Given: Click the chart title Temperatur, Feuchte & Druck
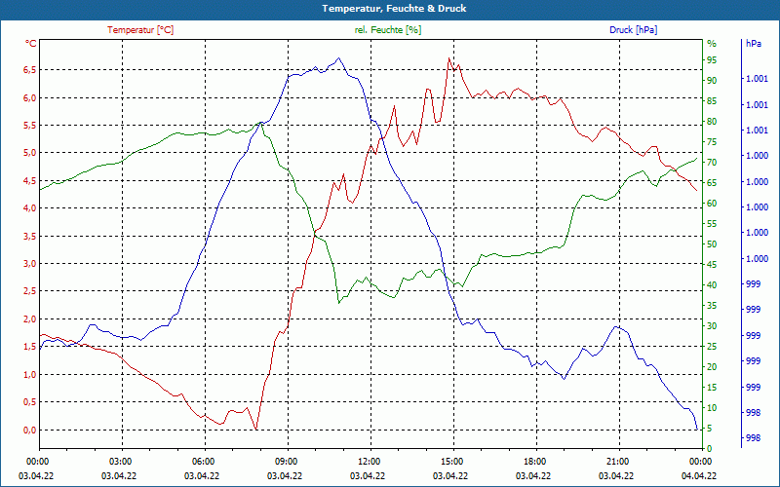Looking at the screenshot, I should [x=389, y=9].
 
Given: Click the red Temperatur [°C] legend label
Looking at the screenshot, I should [x=140, y=30].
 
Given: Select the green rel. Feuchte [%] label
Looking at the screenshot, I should [x=388, y=30].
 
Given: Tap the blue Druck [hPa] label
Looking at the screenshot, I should [x=633, y=30].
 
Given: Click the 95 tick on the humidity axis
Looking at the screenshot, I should [x=712, y=60].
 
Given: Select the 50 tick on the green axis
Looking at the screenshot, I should [x=712, y=244].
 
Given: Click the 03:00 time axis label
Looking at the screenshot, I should [x=121, y=461].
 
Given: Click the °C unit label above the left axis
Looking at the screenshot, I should [x=31, y=44].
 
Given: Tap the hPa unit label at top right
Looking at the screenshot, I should [x=753, y=44].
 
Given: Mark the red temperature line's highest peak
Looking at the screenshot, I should [x=448, y=58].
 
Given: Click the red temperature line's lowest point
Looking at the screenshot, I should [x=256, y=430].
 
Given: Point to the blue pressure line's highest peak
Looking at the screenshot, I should [x=339, y=58].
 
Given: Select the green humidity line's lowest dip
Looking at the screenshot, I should [x=339, y=302].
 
